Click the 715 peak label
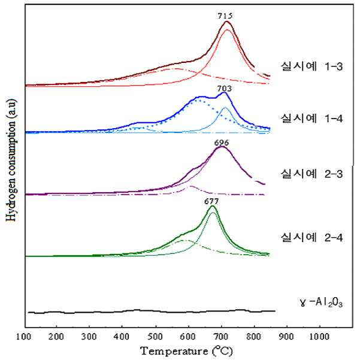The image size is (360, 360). [225, 16]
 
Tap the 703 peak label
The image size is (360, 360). [224, 89]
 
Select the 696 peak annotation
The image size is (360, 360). [222, 143]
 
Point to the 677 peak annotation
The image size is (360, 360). [211, 201]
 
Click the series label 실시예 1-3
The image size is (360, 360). [312, 66]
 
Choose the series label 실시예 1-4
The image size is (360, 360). [312, 119]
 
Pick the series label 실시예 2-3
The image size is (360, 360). [312, 174]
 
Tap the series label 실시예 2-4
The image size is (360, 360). [312, 237]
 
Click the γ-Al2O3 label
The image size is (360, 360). [322, 302]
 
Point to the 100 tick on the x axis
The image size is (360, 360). [23, 337]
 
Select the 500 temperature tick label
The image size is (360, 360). [155, 337]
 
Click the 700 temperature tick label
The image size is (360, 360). [220, 337]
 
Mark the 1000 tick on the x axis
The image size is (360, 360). [319, 337]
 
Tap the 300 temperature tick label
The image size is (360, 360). [89, 337]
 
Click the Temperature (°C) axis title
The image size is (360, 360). [187, 351]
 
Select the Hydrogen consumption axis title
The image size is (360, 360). [11, 160]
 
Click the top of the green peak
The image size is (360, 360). [213, 206]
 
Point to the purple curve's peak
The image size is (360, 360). [222, 147]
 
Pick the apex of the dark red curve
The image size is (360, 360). [227, 22]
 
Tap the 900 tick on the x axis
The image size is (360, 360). [286, 337]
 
